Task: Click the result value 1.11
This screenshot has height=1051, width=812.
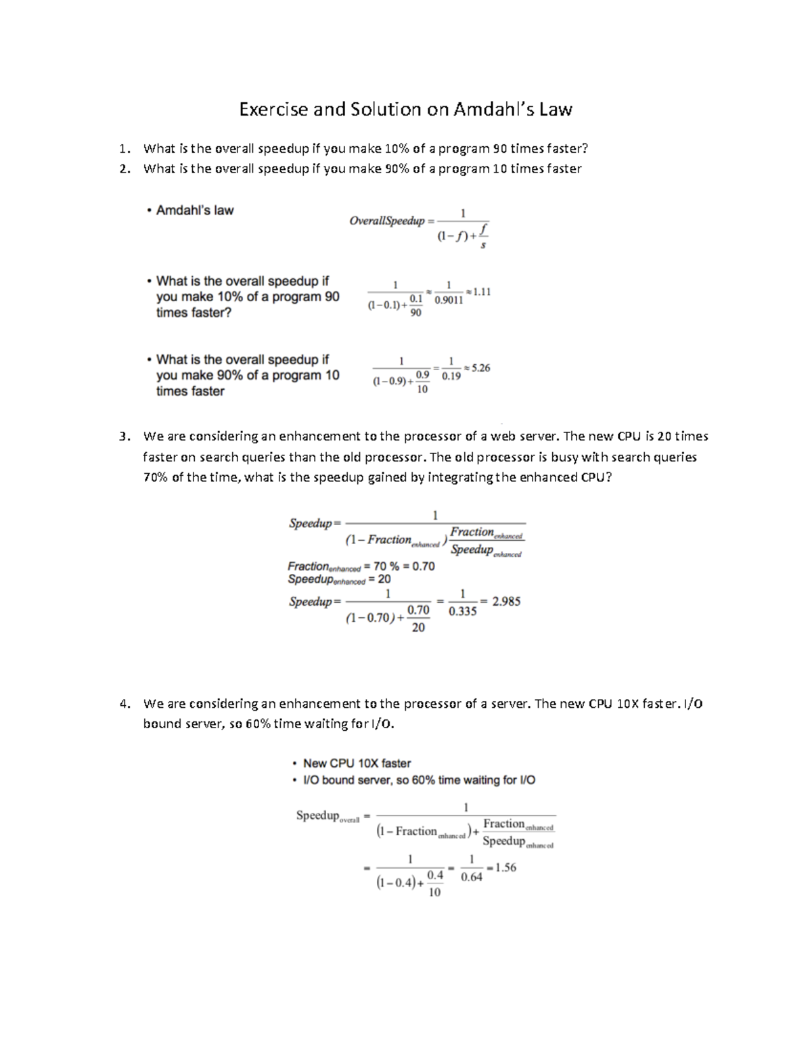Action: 481,292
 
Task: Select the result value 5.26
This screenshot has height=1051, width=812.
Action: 480,368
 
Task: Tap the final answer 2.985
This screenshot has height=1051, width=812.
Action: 506,602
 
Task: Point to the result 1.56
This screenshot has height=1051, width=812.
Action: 505,868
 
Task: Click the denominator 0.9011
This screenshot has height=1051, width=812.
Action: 449,301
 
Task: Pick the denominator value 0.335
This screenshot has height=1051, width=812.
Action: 463,612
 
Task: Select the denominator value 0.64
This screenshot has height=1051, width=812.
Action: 472,878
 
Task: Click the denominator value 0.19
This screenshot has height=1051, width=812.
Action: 451,376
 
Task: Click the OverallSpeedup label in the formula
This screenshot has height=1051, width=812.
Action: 386,221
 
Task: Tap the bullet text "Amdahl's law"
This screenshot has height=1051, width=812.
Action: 194,210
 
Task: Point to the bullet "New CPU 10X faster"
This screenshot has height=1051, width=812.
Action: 357,763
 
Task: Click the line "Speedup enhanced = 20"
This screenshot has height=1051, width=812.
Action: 339,580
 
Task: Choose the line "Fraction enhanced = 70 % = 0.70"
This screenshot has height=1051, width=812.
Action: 361,566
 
